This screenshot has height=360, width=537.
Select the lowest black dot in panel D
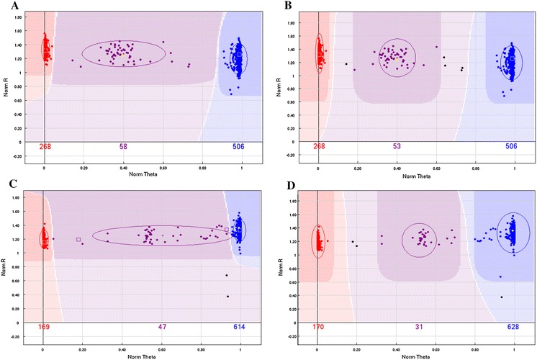point(502,297)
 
